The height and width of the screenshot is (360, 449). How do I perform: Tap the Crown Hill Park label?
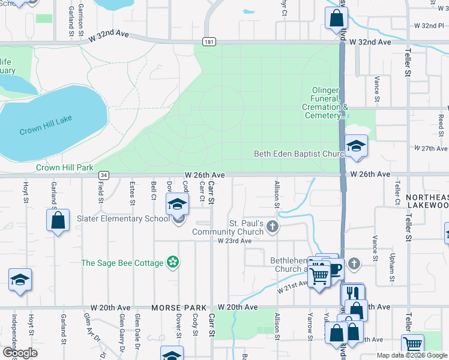[x=65, y=168]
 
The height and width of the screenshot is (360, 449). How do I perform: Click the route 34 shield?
[x=104, y=175]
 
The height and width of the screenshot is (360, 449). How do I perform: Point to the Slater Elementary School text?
[x=123, y=218]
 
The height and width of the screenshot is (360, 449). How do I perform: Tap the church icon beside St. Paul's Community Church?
[x=273, y=226]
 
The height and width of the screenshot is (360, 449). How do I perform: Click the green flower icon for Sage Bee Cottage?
[x=173, y=262]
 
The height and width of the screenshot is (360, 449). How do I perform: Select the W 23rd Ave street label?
[x=234, y=240]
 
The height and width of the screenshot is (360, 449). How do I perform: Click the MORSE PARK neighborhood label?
[x=175, y=307]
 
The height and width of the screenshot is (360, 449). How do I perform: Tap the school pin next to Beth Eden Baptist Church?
[x=356, y=146]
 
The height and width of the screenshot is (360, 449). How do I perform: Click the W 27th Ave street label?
[x=431, y=148]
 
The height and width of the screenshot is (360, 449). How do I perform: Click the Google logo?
[x=19, y=353]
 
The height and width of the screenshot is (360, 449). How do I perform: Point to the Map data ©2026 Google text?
[x=411, y=355]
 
